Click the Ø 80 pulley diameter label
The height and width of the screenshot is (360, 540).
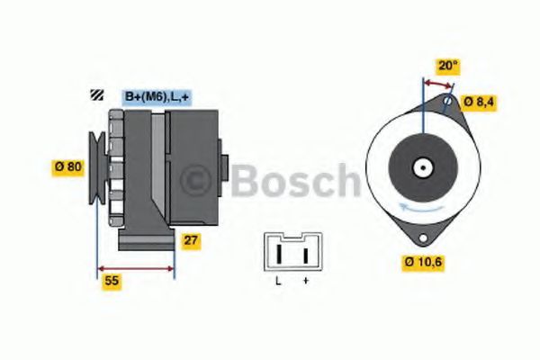[x=67, y=167]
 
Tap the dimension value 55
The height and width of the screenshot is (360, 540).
[x=111, y=281]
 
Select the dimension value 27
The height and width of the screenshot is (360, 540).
[x=190, y=240]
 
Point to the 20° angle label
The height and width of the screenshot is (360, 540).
[x=447, y=65]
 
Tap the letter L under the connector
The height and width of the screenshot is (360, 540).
[x=279, y=283]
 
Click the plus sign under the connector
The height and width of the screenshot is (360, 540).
[x=306, y=283]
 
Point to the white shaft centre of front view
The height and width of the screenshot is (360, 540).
[x=421, y=167]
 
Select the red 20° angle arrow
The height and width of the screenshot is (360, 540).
[x=437, y=83]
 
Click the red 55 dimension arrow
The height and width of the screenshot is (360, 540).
[x=135, y=268]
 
